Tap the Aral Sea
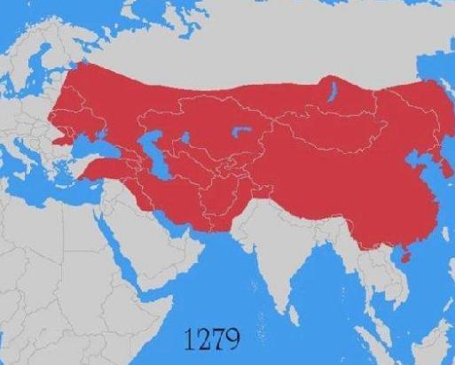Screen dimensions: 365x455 click(187, 138)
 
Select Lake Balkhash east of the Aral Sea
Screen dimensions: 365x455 click(239, 133)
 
